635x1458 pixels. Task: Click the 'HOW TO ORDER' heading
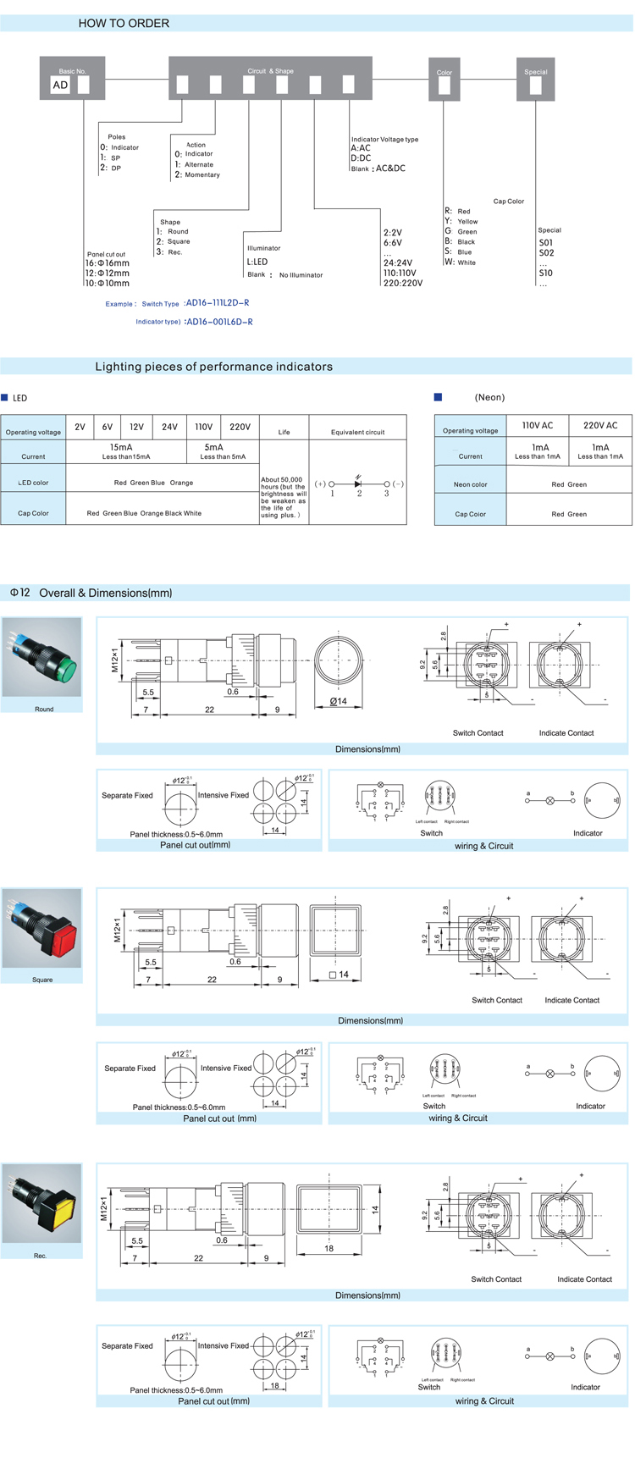[124, 24]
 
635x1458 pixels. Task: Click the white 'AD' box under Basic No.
[60, 85]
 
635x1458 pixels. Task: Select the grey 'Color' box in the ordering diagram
[444, 80]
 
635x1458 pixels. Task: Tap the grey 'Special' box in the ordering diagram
[535, 80]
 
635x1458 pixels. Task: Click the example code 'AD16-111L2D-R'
[218, 303]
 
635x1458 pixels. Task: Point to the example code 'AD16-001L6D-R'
[219, 322]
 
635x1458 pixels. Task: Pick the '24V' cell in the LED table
[169, 428]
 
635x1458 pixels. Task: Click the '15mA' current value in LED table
[121, 447]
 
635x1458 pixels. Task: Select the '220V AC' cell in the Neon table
[600, 426]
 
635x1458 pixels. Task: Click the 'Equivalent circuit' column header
[357, 432]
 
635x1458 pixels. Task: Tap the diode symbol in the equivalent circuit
[359, 483]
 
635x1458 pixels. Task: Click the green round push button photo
[42, 658]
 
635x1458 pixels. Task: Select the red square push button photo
[42, 929]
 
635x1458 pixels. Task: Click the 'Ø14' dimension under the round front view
[338, 701]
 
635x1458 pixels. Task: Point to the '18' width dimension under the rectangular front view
[329, 1248]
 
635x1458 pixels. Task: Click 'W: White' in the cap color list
[461, 262]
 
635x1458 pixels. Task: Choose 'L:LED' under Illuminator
[257, 262]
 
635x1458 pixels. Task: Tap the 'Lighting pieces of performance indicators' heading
[213, 367]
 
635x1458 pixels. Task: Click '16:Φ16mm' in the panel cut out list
[108, 263]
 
